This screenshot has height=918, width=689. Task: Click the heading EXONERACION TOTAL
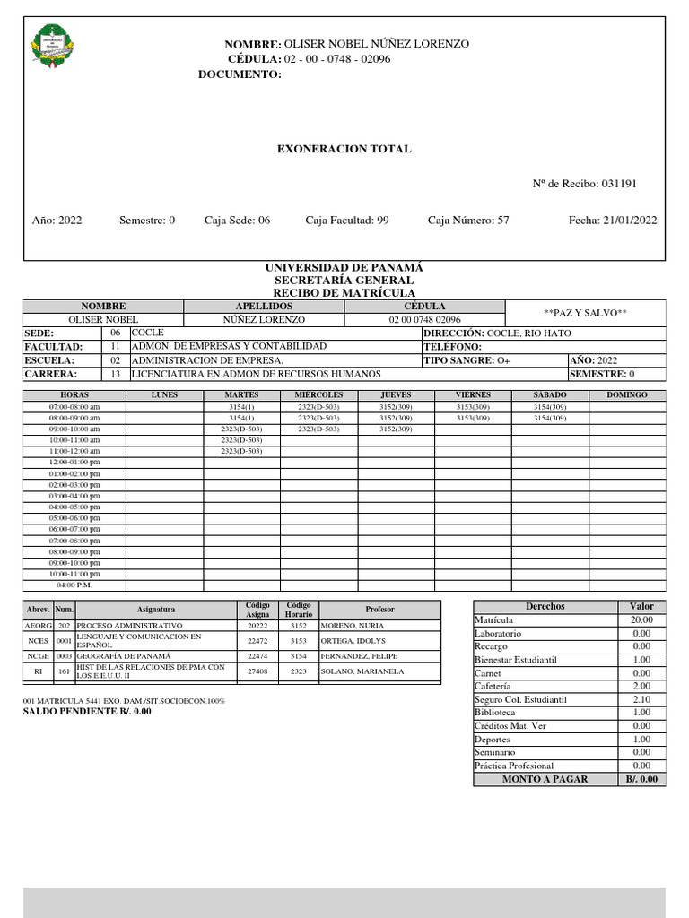(344, 149)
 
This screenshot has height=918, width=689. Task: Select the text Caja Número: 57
(468, 220)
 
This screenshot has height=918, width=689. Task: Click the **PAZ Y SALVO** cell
(586, 313)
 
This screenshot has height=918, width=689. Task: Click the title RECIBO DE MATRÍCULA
(344, 293)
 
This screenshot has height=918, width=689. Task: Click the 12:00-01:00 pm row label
(74, 462)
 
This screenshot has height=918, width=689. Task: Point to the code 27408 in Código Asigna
(257, 671)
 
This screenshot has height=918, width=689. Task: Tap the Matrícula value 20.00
(641, 620)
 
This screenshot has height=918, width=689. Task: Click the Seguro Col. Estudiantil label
(520, 699)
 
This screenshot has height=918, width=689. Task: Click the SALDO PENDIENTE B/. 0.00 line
(87, 712)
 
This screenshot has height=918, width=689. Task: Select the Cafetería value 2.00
(641, 686)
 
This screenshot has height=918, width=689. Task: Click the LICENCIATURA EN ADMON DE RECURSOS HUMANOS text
(256, 374)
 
